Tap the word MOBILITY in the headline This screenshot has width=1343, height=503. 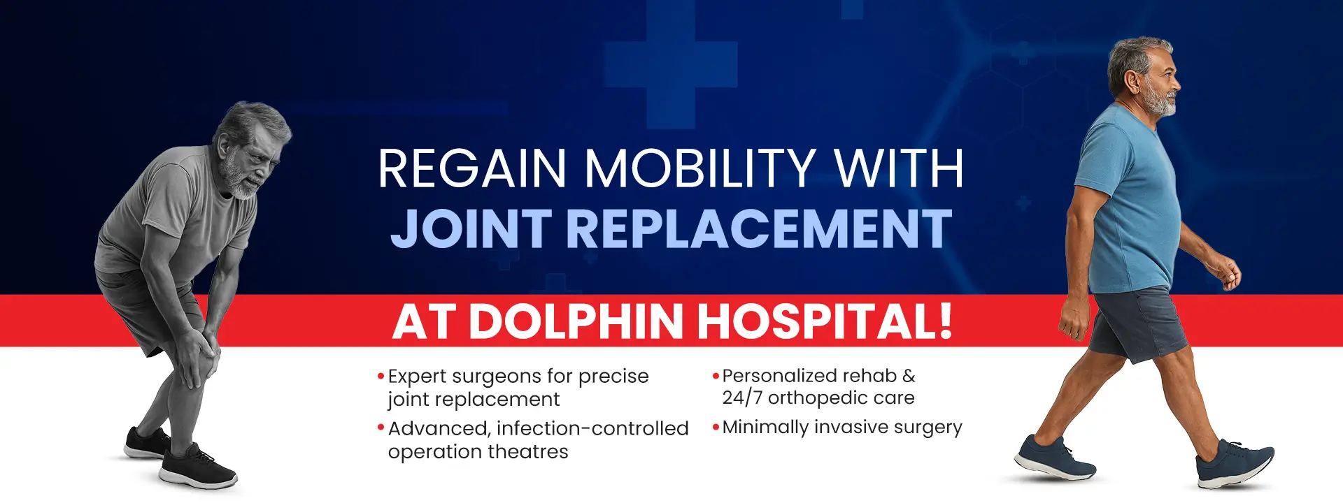(x=699, y=168)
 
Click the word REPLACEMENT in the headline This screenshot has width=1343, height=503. (x=759, y=228)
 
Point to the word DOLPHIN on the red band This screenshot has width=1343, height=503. (x=576, y=321)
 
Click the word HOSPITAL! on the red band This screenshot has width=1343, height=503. (x=825, y=321)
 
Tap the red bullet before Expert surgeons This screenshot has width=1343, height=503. (x=381, y=377)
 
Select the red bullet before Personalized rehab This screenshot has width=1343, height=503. (x=716, y=376)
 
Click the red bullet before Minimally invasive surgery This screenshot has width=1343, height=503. (x=716, y=427)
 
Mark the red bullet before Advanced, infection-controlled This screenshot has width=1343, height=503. (x=381, y=428)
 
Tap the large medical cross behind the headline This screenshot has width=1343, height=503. (x=671, y=64)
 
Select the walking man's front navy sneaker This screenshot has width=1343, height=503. (x=1235, y=465)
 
